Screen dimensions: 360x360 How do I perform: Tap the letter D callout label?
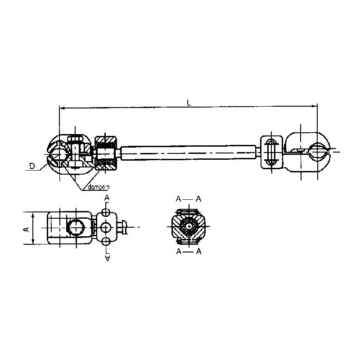[32, 166]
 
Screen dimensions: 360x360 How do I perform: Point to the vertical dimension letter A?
[26, 229]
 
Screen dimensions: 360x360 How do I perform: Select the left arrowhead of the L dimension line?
[62, 108]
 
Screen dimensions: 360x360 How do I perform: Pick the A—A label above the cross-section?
[189, 198]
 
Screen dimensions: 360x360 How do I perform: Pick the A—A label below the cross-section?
[189, 252]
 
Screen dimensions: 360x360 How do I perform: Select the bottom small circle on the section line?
[106, 240]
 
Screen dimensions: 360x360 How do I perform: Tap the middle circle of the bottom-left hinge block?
[106, 226]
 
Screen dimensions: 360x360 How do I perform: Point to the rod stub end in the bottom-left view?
[127, 226]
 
